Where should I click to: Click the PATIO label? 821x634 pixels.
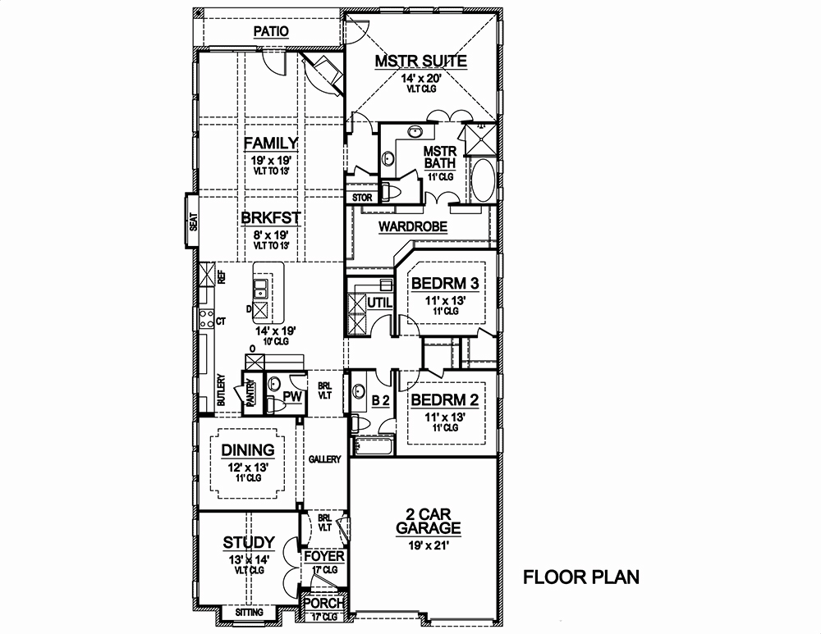(271, 31)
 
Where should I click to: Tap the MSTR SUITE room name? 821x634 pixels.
(421, 61)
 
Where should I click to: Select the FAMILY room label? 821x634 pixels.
(270, 144)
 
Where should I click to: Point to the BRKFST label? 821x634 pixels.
(270, 218)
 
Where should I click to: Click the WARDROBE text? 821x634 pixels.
(412, 227)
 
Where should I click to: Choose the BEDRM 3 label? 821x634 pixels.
(444, 284)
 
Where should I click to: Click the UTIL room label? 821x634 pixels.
(380, 303)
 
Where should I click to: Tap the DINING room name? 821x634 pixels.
(248, 449)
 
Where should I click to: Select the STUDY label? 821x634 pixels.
(248, 542)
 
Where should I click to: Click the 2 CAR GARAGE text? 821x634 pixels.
(428, 520)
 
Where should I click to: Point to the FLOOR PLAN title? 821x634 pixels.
(581, 577)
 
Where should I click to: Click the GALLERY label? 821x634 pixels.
(324, 460)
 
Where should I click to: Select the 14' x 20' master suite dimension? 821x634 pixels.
(421, 79)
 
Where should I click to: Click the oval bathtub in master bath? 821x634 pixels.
(482, 181)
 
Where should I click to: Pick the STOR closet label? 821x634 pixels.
(362, 198)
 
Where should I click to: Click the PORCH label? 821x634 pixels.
(323, 603)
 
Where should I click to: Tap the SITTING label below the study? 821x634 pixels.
(250, 613)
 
